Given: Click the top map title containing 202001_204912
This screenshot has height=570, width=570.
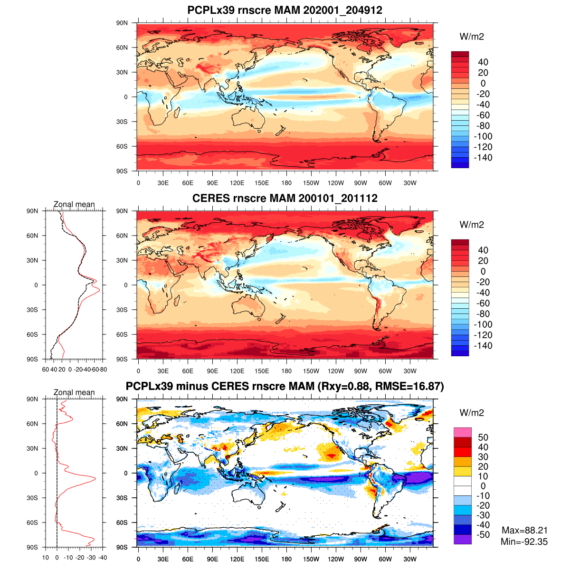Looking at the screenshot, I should click(x=285, y=10).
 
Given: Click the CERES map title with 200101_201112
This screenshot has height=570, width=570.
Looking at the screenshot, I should click(x=285, y=198).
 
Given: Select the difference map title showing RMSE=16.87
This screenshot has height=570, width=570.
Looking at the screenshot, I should click(x=285, y=387).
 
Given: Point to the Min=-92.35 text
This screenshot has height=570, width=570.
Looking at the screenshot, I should click(x=524, y=541).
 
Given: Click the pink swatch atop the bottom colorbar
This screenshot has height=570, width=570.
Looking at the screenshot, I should click(x=462, y=432).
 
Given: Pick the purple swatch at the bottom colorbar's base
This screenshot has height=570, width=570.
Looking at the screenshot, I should click(x=462, y=539).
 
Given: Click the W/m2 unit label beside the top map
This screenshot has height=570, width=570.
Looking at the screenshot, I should click(x=472, y=37).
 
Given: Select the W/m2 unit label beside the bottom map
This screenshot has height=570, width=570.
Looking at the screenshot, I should click(x=472, y=413).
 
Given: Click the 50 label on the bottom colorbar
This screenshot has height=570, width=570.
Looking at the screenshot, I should click(x=483, y=437).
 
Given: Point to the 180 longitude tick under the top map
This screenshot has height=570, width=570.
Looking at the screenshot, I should click(x=286, y=183).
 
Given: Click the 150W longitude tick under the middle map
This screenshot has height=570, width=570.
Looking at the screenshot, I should click(x=311, y=371).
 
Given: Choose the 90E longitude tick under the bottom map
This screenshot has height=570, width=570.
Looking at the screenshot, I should click(x=212, y=559).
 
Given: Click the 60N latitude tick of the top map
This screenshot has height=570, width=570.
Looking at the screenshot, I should click(x=123, y=47).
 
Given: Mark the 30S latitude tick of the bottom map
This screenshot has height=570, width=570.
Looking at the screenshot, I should click(x=123, y=498).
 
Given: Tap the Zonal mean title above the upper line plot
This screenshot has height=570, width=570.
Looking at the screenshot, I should click(x=74, y=204).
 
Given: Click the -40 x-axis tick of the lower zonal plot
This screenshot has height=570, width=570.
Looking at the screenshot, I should click(x=102, y=558).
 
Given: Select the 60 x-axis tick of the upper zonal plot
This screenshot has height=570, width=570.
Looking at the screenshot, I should click(x=46, y=370).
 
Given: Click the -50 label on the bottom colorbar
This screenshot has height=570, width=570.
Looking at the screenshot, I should click(x=483, y=535).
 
